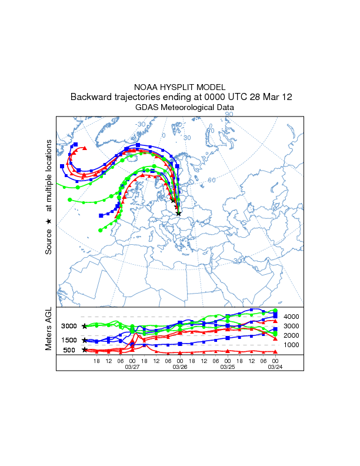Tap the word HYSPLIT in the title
180,87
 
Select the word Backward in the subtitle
91,97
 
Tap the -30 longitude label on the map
141,124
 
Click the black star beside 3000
85,326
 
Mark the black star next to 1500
85,340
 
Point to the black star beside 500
85,350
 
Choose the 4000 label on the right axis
291,317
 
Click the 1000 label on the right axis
291,345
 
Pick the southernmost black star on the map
179,213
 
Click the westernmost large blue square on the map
62,167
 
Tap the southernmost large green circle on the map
100,230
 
